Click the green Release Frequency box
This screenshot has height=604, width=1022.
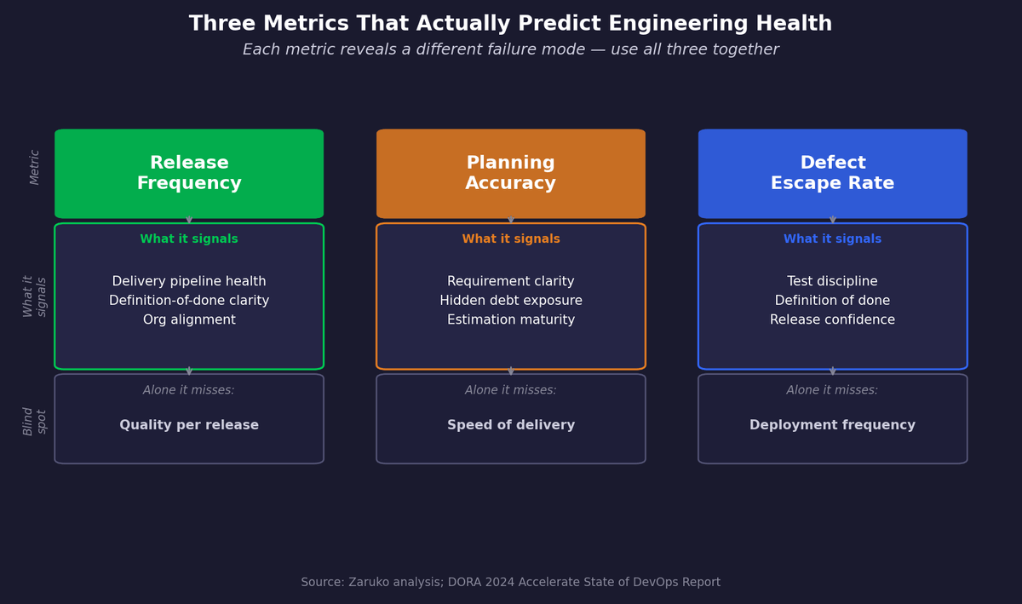[x=189, y=173]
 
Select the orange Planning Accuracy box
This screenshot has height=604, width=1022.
[x=511, y=173]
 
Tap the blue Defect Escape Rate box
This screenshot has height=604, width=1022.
[x=832, y=173]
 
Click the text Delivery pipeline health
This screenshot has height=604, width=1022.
[x=189, y=282]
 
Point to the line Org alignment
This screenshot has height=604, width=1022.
[x=189, y=320]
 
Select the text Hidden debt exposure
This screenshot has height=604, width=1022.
[x=511, y=301]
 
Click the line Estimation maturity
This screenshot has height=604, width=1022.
[x=511, y=320]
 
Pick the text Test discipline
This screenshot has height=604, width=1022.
[x=832, y=282]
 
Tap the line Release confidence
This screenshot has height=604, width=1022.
[x=832, y=320]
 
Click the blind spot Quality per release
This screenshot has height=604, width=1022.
[x=189, y=425]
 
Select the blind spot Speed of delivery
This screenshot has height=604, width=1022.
[x=511, y=425]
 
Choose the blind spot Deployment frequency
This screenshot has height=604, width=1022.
[x=832, y=425]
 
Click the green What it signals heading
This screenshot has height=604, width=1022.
[x=189, y=239]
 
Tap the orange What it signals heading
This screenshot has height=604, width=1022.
[x=511, y=239]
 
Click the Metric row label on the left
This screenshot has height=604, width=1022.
[x=35, y=167]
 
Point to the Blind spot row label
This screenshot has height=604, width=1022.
[x=35, y=421]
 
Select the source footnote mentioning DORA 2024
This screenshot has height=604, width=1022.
[x=511, y=583]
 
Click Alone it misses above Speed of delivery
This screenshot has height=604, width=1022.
[x=511, y=390]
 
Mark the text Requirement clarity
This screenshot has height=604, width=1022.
[x=511, y=282]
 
